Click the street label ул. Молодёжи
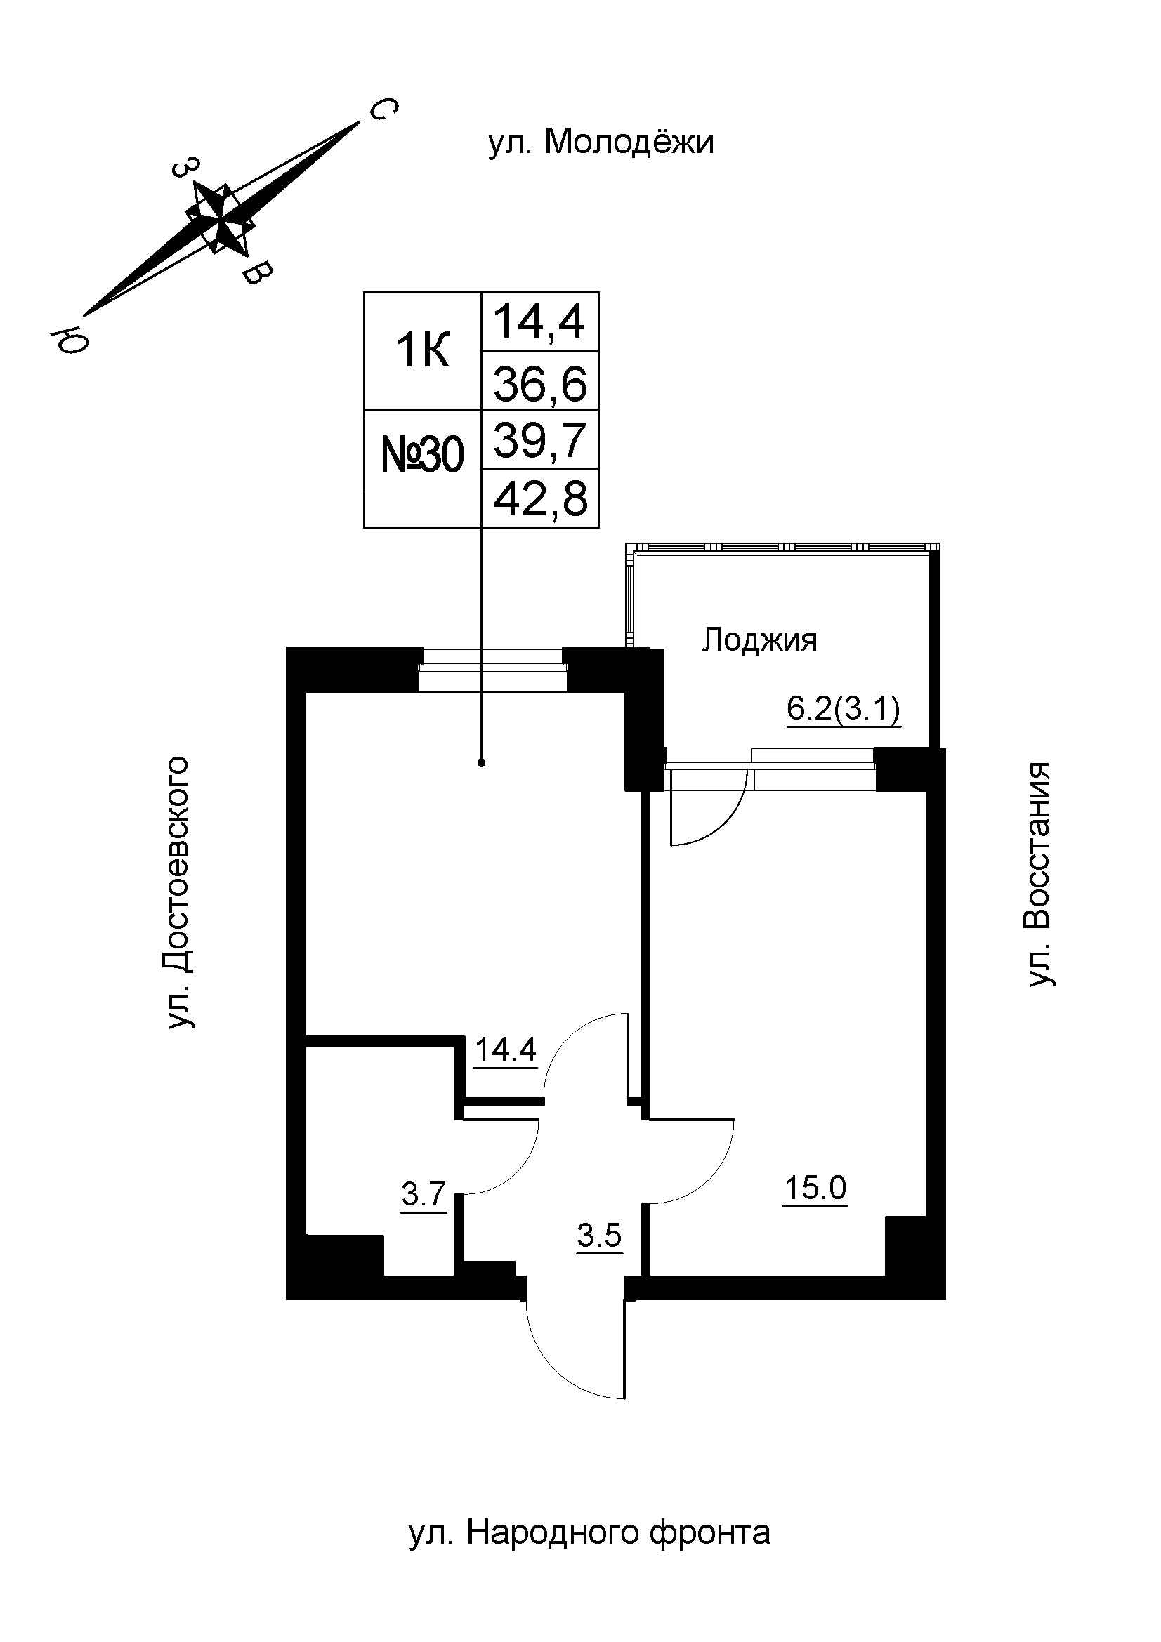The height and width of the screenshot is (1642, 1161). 601,143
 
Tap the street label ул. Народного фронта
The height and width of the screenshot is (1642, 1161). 589,1532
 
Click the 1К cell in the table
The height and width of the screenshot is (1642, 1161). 423,351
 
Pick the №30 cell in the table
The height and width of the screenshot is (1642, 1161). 423,456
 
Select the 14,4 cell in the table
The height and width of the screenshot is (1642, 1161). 540,322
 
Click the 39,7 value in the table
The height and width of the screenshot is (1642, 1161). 540,441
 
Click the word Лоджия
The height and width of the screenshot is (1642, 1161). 759,640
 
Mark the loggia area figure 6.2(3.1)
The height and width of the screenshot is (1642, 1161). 844,710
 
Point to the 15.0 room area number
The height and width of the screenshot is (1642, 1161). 815,1188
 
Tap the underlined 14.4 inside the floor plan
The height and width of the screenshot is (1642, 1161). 505,1050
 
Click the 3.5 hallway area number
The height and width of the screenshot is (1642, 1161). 599,1236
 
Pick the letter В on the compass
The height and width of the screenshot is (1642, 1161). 257,273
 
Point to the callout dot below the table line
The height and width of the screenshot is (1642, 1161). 481,762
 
